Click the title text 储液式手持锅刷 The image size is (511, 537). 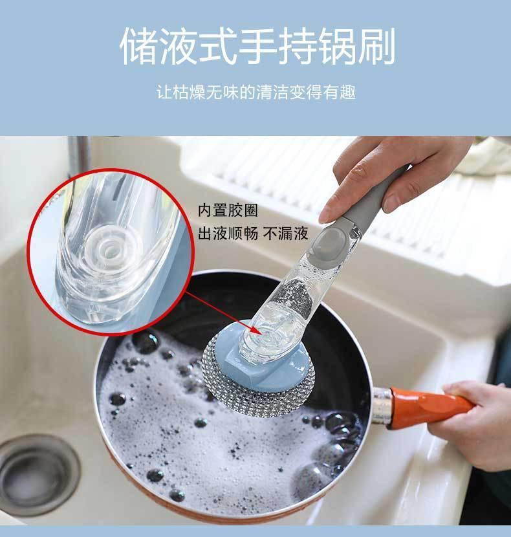[257, 46]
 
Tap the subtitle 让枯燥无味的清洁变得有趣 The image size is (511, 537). [256, 93]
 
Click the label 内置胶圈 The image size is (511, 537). [228, 210]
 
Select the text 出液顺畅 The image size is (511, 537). [228, 234]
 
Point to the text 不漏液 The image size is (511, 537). [286, 234]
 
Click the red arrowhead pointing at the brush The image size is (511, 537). [257, 331]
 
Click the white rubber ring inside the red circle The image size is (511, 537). [109, 247]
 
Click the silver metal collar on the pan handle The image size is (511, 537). [381, 406]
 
